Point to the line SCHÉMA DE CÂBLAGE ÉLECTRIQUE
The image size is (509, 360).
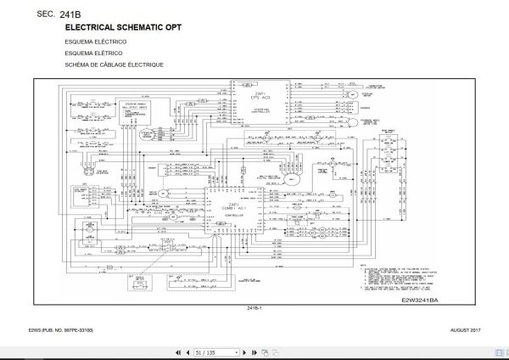[x=113, y=65]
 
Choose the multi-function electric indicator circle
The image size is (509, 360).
[x=296, y=179]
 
